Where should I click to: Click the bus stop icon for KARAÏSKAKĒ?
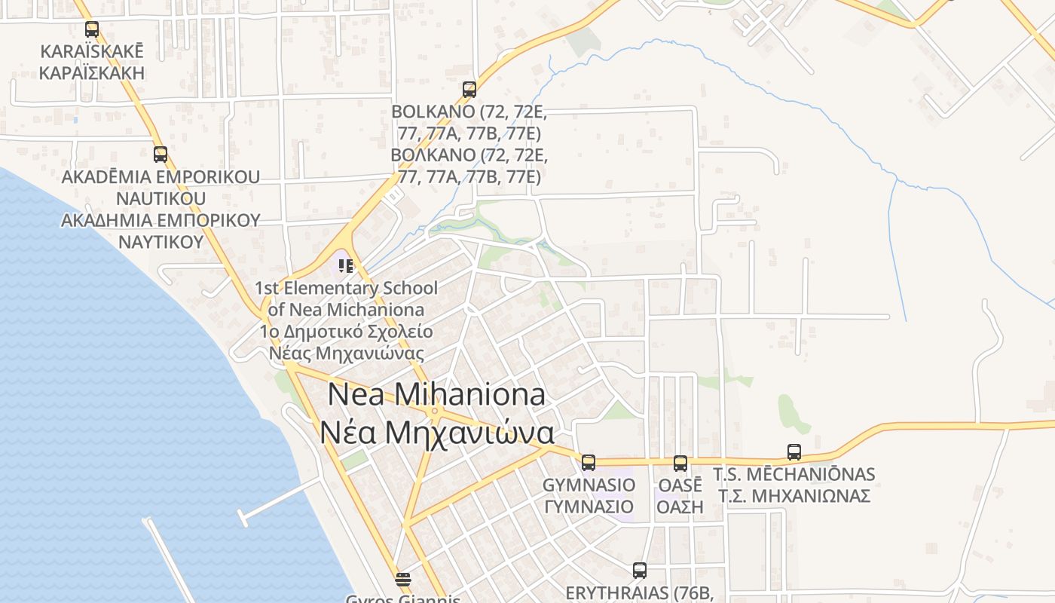click(x=92, y=29)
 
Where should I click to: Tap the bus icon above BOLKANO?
click(x=469, y=90)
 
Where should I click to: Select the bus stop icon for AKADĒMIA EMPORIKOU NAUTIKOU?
click(x=161, y=155)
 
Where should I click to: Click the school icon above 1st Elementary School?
click(x=346, y=265)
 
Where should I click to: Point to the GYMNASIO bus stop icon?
click(x=589, y=462)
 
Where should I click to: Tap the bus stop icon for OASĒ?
click(x=680, y=463)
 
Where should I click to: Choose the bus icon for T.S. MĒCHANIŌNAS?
click(x=794, y=452)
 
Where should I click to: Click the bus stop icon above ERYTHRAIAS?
click(x=640, y=571)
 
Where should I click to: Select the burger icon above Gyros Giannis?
click(x=403, y=580)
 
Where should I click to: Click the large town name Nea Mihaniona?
click(x=436, y=394)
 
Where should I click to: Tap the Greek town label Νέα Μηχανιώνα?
click(x=436, y=433)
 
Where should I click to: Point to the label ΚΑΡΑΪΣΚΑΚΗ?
click(x=91, y=74)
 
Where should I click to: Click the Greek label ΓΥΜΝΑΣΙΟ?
click(x=589, y=507)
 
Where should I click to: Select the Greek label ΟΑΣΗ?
click(x=680, y=507)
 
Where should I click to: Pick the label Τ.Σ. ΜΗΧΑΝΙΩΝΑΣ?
click(x=794, y=496)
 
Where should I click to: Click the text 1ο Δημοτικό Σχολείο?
click(x=347, y=332)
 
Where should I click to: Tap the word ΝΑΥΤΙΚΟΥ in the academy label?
click(x=161, y=242)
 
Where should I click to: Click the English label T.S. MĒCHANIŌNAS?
click(x=794, y=474)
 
